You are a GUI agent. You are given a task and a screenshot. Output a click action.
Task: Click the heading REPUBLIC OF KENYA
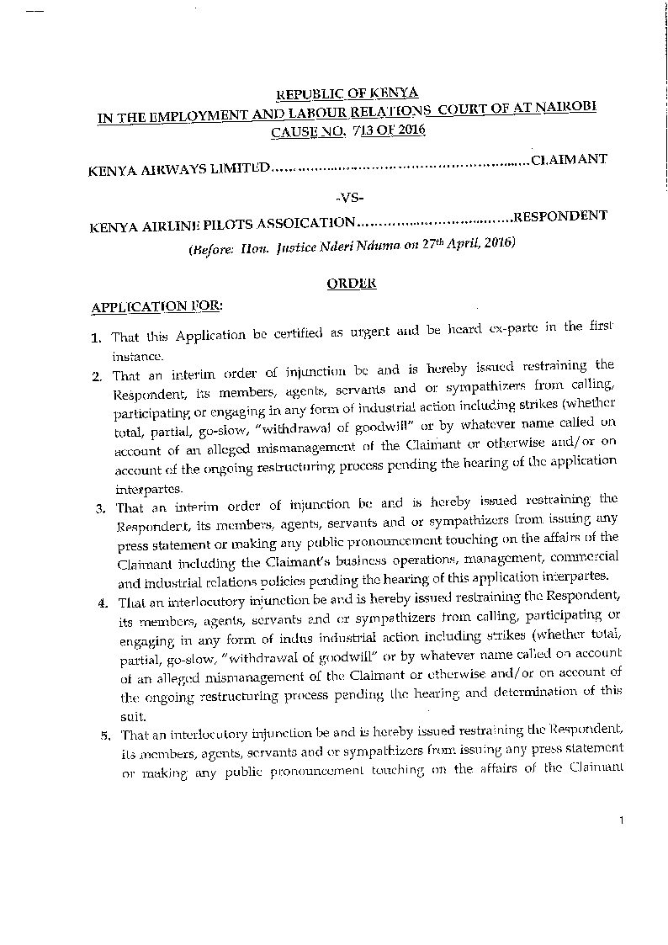348,94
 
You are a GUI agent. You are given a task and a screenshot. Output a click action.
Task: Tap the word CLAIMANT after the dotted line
569,158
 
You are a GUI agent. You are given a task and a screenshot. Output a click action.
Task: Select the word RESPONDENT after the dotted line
560,215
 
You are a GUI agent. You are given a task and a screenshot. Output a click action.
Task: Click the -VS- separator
349,198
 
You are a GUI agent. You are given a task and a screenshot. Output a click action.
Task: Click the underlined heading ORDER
351,284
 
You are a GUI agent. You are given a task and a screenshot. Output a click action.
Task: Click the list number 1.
97,338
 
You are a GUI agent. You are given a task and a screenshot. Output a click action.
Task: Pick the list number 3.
98,508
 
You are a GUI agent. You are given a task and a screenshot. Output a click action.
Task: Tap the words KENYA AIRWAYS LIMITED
178,167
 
